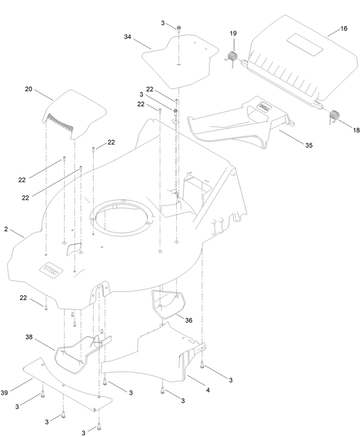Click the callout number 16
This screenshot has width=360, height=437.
tap(344, 29)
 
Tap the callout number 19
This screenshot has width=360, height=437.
tap(233, 33)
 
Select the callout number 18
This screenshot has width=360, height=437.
tap(356, 130)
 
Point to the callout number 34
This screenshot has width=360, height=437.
tap(128, 37)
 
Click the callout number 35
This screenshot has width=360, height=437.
tap(308, 145)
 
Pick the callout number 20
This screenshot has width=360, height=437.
tap(29, 89)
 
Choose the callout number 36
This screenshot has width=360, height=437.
tap(189, 320)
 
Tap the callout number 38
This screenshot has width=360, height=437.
tap(29, 337)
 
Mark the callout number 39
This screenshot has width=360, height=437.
tap(4, 393)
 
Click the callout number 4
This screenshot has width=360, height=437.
tap(208, 390)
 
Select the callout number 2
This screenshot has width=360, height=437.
tap(6, 229)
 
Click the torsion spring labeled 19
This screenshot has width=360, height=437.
tap(232, 57)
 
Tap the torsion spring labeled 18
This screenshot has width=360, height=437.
tap(334, 116)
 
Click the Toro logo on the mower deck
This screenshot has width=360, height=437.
tap(51, 270)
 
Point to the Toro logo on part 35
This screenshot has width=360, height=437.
tap(265, 107)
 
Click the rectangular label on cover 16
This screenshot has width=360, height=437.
tap(305, 43)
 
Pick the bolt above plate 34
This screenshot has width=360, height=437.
tap(179, 27)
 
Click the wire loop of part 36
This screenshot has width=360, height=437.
tap(168, 304)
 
